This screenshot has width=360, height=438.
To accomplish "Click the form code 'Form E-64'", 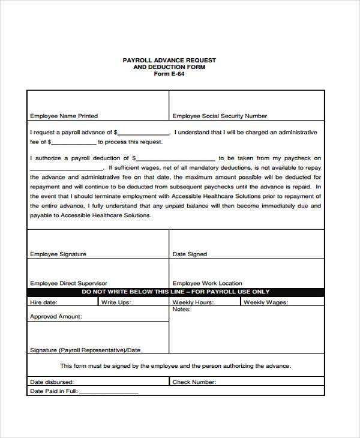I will pyautogui.click(x=169, y=74).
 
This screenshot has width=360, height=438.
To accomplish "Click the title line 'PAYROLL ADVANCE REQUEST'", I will pyautogui.click(x=169, y=60).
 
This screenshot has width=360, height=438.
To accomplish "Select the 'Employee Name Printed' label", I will pyautogui.click(x=64, y=116).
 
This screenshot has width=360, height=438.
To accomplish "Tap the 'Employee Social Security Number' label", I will pyautogui.click(x=220, y=116).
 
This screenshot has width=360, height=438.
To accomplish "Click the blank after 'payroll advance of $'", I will pyautogui.click(x=144, y=133).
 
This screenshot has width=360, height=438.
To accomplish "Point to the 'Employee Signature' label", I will pyautogui.click(x=58, y=254).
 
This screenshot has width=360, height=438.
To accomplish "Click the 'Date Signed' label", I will pyautogui.click(x=190, y=254).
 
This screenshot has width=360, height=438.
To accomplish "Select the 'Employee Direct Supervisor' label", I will pyautogui.click(x=68, y=283).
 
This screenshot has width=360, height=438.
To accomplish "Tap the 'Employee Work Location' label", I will pyautogui.click(x=207, y=283).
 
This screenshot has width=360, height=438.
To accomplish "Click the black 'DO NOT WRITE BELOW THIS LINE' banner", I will pyautogui.click(x=176, y=292).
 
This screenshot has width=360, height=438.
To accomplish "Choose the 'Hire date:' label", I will pyautogui.click(x=44, y=302).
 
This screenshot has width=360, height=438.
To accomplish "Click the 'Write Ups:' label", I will pyautogui.click(x=116, y=302).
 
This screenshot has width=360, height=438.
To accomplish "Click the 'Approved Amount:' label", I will pyautogui.click(x=56, y=316).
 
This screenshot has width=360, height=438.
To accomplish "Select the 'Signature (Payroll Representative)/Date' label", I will pyautogui.click(x=85, y=350).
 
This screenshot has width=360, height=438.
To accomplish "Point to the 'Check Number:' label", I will pyautogui.click(x=194, y=382).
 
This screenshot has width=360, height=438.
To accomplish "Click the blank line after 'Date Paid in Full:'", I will pyautogui.click(x=109, y=392).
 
